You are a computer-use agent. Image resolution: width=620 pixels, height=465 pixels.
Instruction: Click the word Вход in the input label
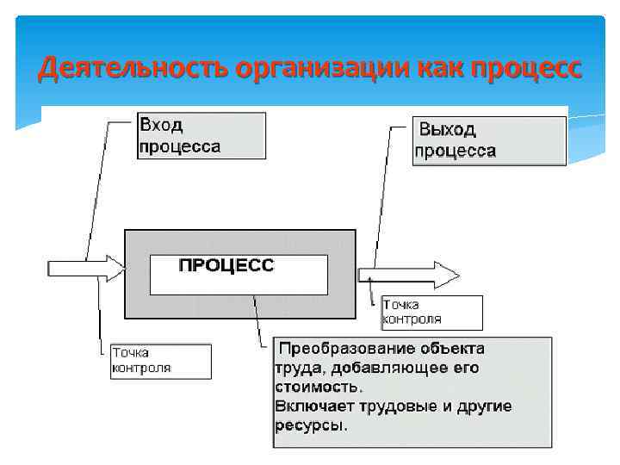[161, 126]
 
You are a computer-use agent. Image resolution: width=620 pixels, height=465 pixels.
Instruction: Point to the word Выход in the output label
[448, 130]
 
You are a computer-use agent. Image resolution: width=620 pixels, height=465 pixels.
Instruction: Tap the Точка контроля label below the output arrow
[431, 312]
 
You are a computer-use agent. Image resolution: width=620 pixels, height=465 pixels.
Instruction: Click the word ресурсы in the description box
[311, 425]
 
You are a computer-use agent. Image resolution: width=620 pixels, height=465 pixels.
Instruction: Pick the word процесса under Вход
[180, 146]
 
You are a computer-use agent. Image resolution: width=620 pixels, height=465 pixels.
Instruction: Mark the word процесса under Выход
[456, 151]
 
